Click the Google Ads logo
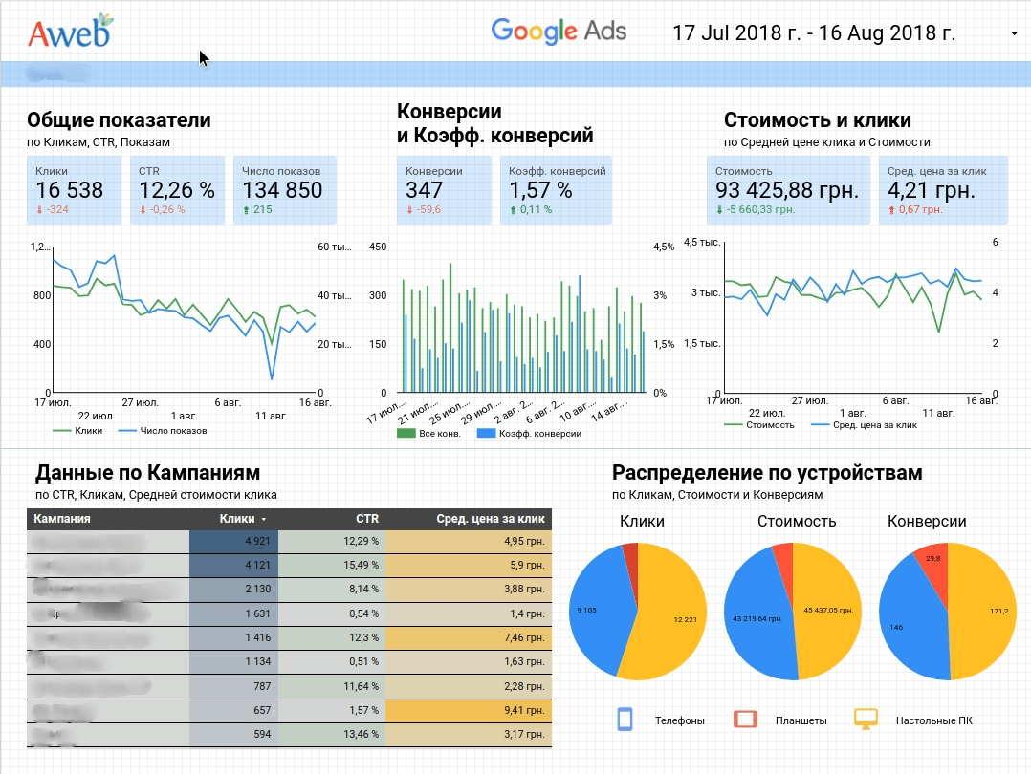point(559,31)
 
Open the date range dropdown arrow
point(1014,34)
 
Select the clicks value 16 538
point(69,190)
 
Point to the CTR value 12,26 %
point(177,190)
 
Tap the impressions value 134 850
point(282,190)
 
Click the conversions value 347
point(425,190)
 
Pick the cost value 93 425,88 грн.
point(786,190)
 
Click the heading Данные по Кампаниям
point(147,472)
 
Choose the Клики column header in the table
point(236,519)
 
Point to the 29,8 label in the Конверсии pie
point(933,559)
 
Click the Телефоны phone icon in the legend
point(626,720)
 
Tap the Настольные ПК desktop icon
point(866,720)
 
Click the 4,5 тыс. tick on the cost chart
point(701,243)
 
